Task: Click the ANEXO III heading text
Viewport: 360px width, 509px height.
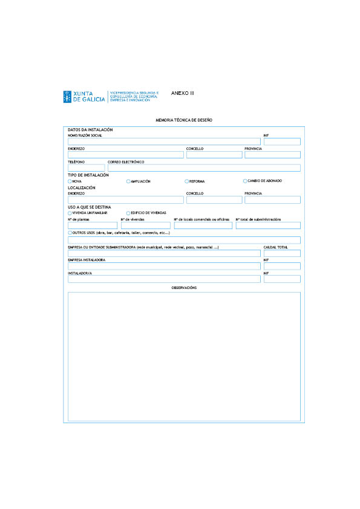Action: pyautogui.click(x=183, y=93)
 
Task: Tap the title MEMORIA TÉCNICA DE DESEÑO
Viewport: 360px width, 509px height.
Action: pyautogui.click(x=184, y=121)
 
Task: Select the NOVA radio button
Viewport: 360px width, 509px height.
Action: pyautogui.click(x=70, y=181)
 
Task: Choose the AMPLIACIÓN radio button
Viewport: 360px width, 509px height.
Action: pyautogui.click(x=128, y=181)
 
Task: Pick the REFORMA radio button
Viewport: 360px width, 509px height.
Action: pyautogui.click(x=186, y=181)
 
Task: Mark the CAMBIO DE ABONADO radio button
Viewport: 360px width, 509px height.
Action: pyautogui.click(x=245, y=181)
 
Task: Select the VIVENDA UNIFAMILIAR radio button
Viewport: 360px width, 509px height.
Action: pyautogui.click(x=70, y=213)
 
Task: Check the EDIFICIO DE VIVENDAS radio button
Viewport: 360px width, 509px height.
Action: pyautogui.click(x=128, y=213)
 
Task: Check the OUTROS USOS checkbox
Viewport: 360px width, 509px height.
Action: pyautogui.click(x=70, y=233)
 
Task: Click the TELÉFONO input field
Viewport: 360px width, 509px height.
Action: pyautogui.click(x=86, y=168)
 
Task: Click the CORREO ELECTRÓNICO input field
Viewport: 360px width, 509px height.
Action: pyautogui.click(x=204, y=168)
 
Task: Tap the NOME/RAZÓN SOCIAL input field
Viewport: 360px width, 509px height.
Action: pyautogui.click(x=164, y=141)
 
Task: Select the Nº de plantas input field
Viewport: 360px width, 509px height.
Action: pyautogui.click(x=93, y=225)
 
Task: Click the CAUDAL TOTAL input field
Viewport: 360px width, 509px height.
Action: pyautogui.click(x=282, y=253)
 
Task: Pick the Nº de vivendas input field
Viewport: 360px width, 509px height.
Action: pyautogui.click(x=145, y=225)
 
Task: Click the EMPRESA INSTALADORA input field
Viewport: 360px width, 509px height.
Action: pyautogui.click(x=164, y=266)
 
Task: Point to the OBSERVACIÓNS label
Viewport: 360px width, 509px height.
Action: pyautogui.click(x=184, y=288)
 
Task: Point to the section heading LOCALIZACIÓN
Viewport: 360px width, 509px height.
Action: pyautogui.click(x=82, y=188)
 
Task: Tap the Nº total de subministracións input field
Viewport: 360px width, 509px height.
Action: pyautogui.click(x=267, y=225)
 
